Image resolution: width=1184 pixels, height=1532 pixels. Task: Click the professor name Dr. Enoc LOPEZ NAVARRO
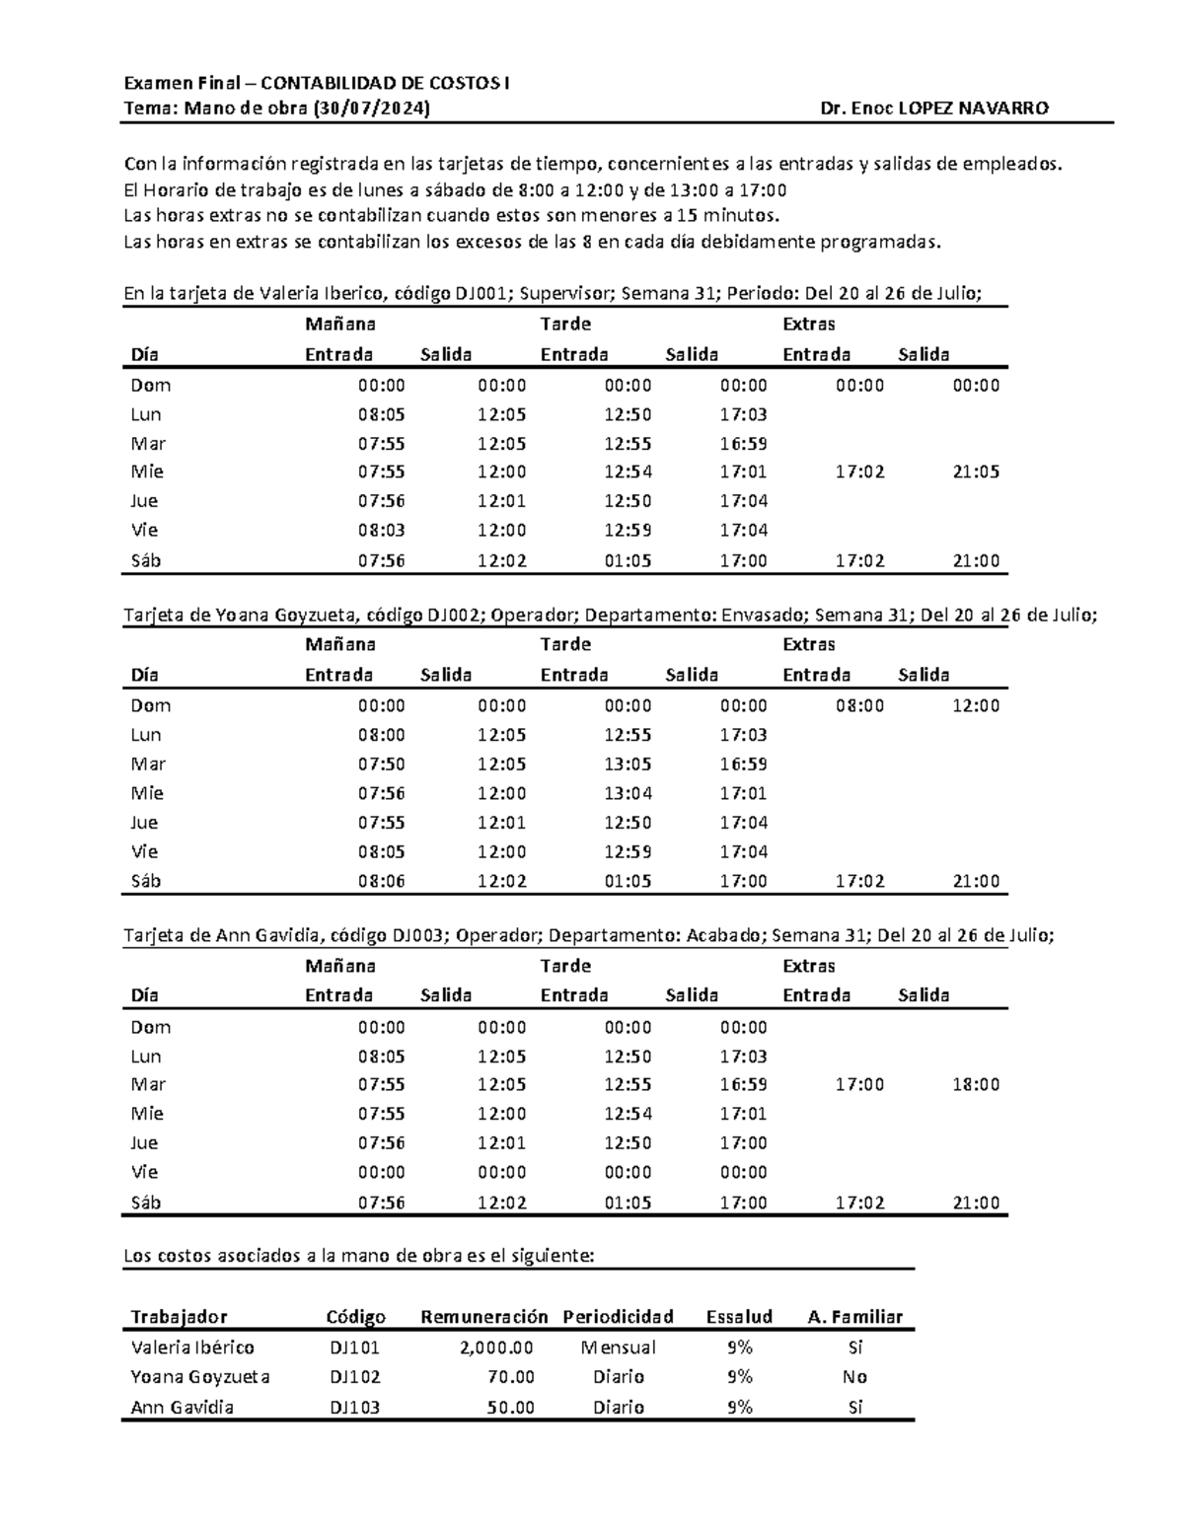tap(933, 109)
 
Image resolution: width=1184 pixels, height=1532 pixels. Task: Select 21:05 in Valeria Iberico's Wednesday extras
tap(975, 473)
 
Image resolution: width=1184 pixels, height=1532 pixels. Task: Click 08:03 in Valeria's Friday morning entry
tap(381, 531)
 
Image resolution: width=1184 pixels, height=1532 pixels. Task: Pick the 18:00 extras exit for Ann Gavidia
tap(975, 1085)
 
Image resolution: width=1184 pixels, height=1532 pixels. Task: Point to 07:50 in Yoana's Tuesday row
tap(381, 765)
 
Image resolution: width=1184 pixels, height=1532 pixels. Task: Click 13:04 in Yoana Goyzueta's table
tap(628, 793)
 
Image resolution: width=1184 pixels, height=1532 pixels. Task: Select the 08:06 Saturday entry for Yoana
tap(381, 882)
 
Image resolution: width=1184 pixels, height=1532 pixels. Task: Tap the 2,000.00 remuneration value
tap(496, 1348)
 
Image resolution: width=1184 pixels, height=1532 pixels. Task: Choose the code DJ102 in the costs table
tap(354, 1377)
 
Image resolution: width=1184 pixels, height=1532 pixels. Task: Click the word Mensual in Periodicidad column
tap(618, 1348)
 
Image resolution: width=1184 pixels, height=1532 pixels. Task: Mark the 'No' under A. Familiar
tap(854, 1377)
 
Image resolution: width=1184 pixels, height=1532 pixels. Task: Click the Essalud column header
tap(739, 1317)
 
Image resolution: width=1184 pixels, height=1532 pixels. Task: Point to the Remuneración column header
tap(483, 1317)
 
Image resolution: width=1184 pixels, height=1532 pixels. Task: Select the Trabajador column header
tap(179, 1317)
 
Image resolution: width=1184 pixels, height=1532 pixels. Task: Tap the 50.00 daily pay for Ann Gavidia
tap(510, 1408)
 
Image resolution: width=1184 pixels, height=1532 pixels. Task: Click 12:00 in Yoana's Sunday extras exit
tap(975, 706)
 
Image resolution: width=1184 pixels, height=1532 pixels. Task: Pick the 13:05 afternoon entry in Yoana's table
tap(628, 765)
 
